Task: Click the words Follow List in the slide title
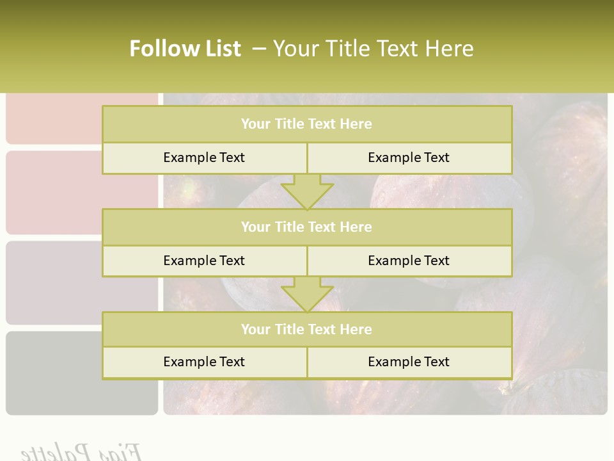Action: [185, 49]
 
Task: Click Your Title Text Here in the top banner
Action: [373, 49]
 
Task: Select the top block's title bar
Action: [306, 124]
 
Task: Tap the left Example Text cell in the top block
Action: [204, 158]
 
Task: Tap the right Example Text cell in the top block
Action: [409, 158]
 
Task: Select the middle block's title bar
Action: [306, 227]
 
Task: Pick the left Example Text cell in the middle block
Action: [204, 261]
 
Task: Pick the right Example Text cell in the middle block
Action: [409, 261]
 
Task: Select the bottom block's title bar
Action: [306, 329]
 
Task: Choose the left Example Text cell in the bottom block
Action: [204, 362]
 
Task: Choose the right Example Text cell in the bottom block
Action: [409, 362]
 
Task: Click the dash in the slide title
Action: [259, 49]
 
